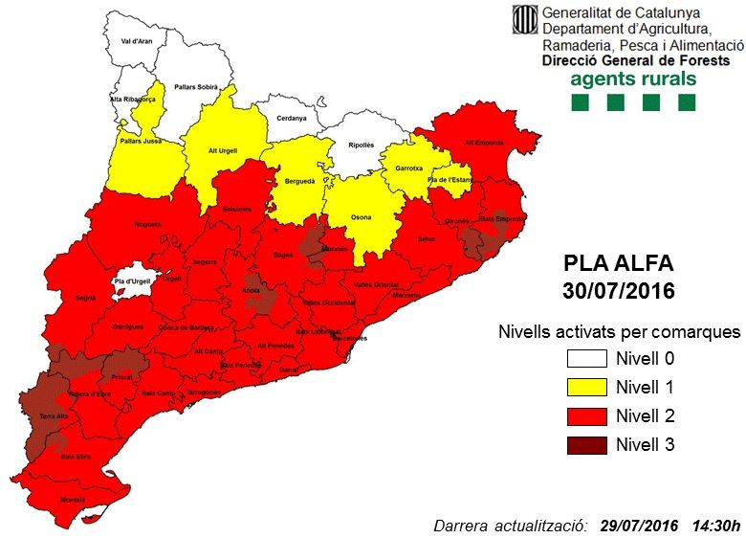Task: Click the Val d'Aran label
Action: pyautogui.click(x=138, y=42)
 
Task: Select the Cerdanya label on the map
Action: pyautogui.click(x=292, y=118)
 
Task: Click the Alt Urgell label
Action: pyautogui.click(x=222, y=150)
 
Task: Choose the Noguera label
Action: pyautogui.click(x=148, y=224)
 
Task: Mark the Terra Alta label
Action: pyautogui.click(x=54, y=416)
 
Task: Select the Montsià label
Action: pyautogui.click(x=73, y=500)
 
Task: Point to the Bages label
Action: pyautogui.click(x=283, y=255)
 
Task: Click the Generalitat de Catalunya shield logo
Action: pyautogui.click(x=525, y=19)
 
